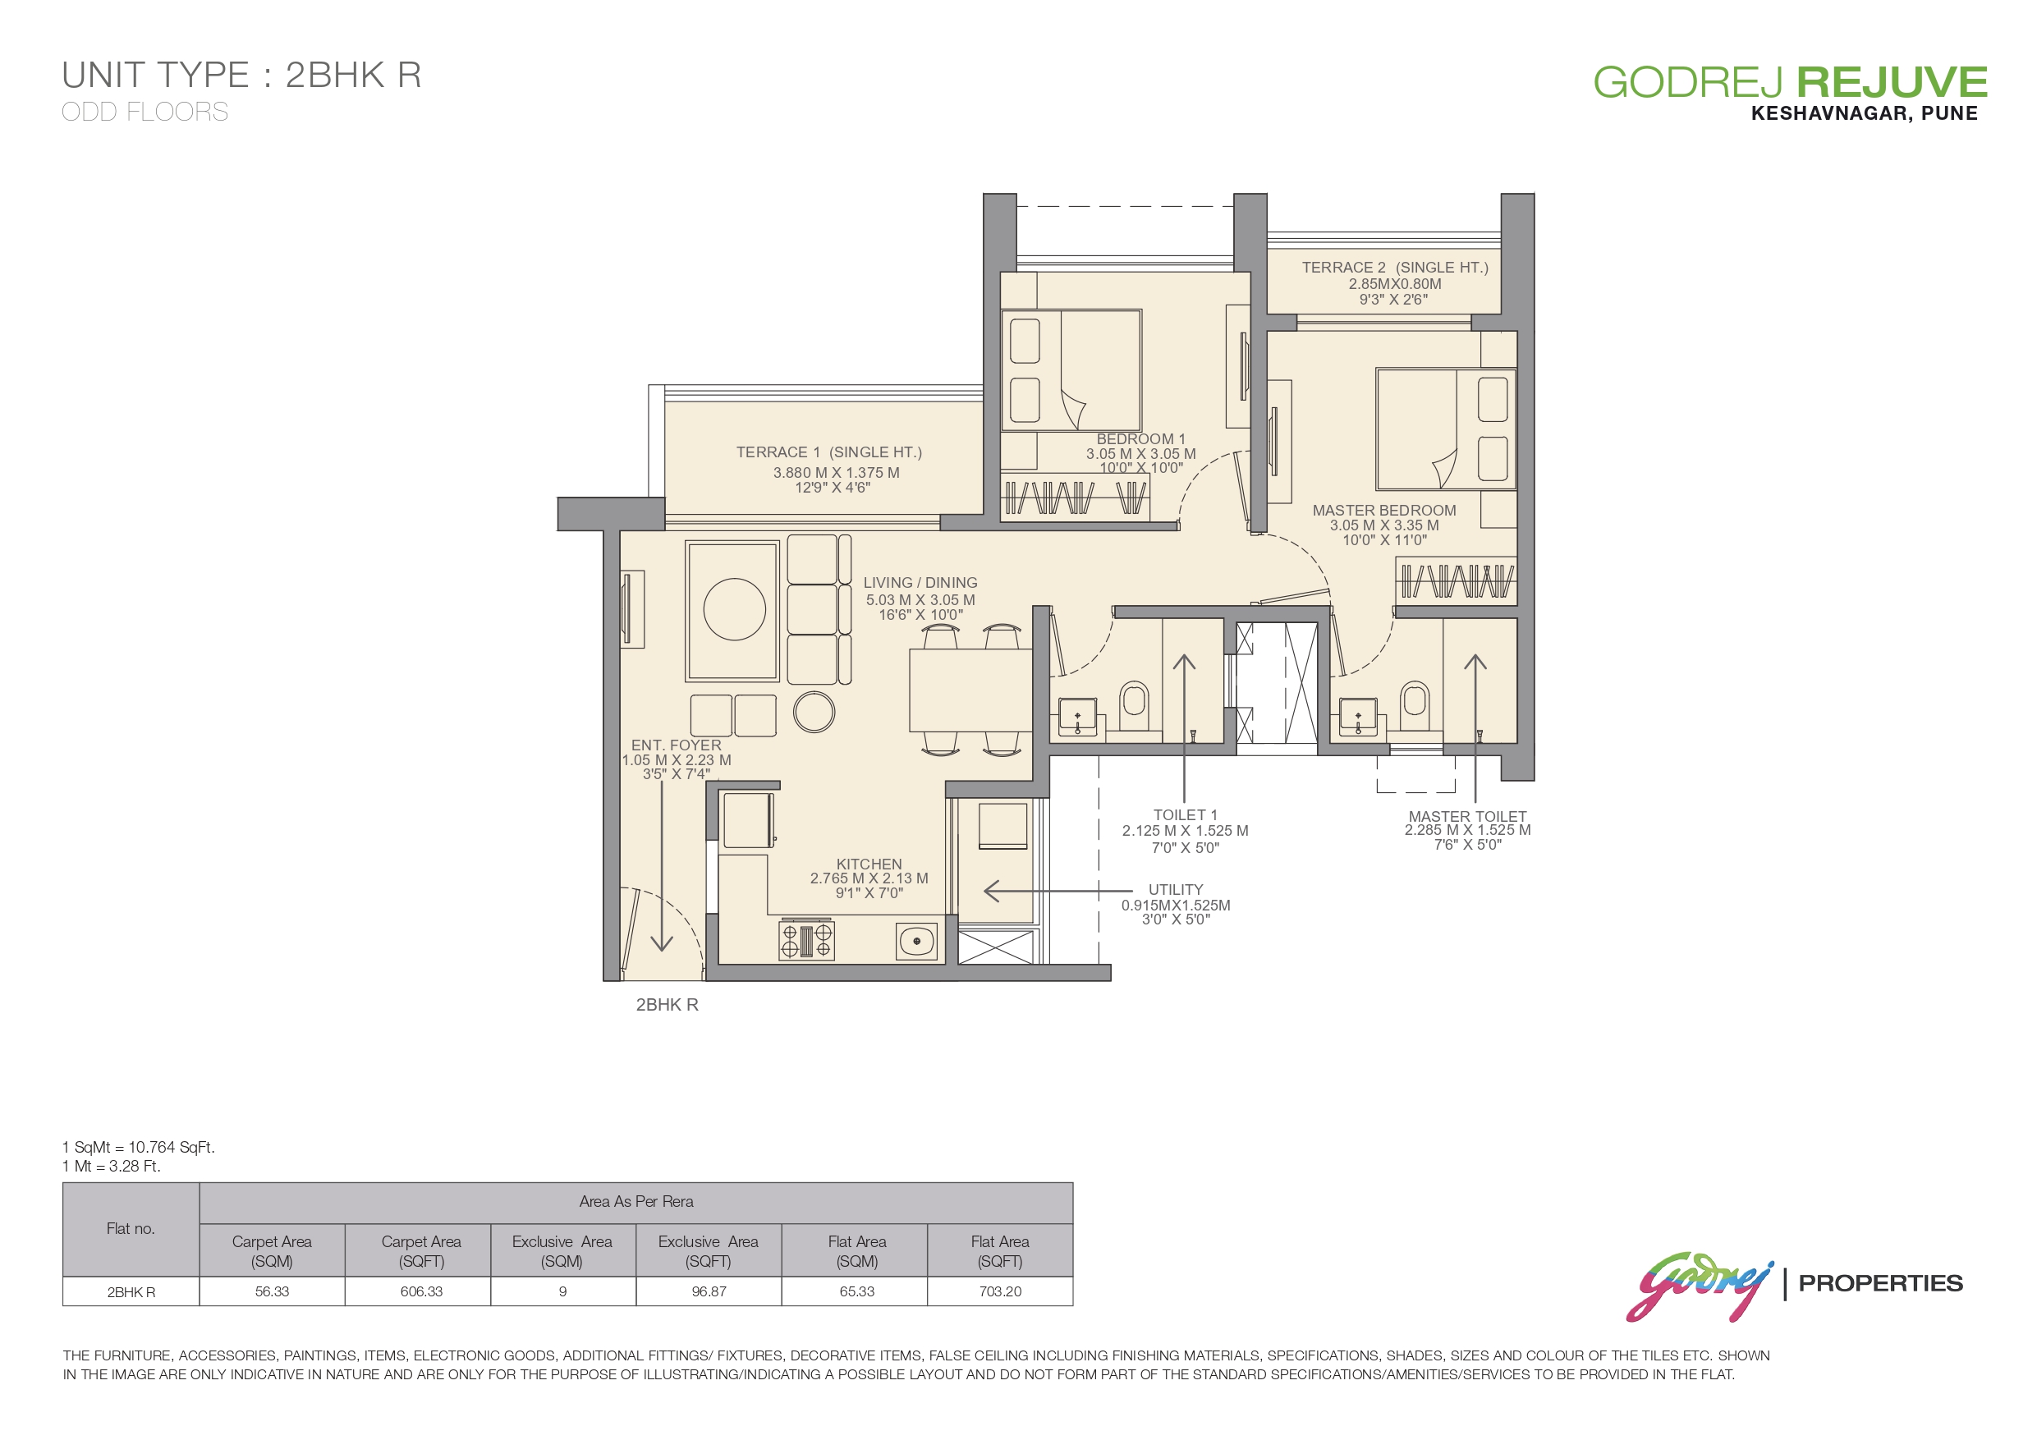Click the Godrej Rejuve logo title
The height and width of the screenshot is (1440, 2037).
(x=1791, y=83)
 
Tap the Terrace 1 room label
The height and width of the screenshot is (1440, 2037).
(x=828, y=470)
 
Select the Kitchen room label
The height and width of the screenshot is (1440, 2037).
(x=869, y=878)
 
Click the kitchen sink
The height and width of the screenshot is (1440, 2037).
(x=916, y=942)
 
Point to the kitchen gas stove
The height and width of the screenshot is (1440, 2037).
(x=806, y=941)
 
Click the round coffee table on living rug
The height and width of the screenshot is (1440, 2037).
(x=735, y=609)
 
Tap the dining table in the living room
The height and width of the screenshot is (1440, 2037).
(x=970, y=690)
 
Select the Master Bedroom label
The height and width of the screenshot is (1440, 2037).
(x=1384, y=525)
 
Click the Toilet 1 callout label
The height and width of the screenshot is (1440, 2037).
(x=1186, y=832)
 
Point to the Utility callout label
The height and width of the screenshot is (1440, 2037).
(x=1176, y=904)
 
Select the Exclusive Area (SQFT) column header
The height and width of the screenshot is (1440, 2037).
(x=708, y=1251)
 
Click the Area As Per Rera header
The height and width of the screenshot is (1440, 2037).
(x=636, y=1201)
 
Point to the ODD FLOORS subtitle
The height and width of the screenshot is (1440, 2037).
(x=145, y=112)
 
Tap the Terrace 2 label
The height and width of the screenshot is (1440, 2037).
(x=1395, y=283)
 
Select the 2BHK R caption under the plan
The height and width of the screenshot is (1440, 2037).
(x=668, y=1004)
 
